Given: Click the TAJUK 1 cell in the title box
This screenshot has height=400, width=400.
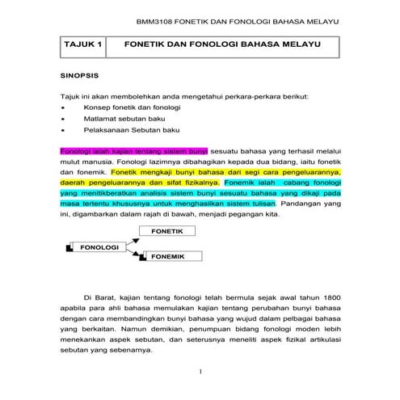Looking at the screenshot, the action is (x=82, y=48).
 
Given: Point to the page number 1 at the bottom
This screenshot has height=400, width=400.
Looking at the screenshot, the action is (x=200, y=373).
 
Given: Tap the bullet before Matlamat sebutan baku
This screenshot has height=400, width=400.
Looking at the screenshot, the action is (x=63, y=118).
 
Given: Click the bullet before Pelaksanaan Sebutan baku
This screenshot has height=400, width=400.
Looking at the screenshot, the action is (x=63, y=128).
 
